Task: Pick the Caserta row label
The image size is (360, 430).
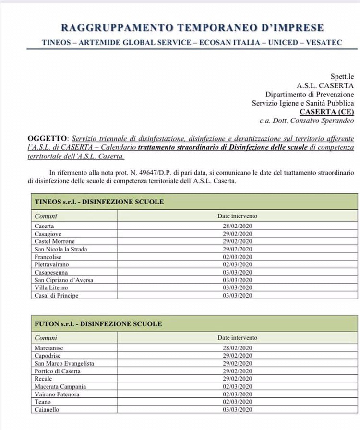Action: [44, 226]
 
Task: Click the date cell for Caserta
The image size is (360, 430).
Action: [237, 226]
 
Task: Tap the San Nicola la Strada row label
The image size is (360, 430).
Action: [61, 249]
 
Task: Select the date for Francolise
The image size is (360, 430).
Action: [237, 257]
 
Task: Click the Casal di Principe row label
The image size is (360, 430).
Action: [56, 295]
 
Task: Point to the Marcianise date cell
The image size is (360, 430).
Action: [237, 348]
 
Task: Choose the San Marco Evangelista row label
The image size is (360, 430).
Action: [64, 363]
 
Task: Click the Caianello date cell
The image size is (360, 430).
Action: [237, 409]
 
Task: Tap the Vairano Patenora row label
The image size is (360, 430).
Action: [57, 394]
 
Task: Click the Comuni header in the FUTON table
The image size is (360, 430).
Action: [46, 338]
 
